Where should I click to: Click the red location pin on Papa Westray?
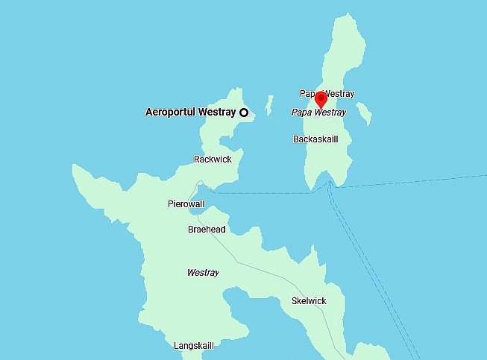(321, 99)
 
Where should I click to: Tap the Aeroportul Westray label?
(190, 113)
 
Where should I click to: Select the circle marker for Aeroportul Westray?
(244, 113)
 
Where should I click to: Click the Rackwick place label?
(213, 160)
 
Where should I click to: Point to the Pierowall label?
(186, 204)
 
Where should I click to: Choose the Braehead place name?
(207, 230)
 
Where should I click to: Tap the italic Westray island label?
(203, 273)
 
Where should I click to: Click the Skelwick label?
(309, 301)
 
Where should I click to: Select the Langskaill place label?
(194, 346)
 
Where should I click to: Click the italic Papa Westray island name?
(318, 113)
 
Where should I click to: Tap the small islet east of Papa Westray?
(364, 113)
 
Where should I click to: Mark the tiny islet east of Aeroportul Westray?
(269, 105)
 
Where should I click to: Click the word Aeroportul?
(169, 113)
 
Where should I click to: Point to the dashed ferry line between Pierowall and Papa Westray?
(268, 193)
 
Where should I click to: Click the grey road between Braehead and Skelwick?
(261, 264)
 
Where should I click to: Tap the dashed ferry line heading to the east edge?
(418, 181)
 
